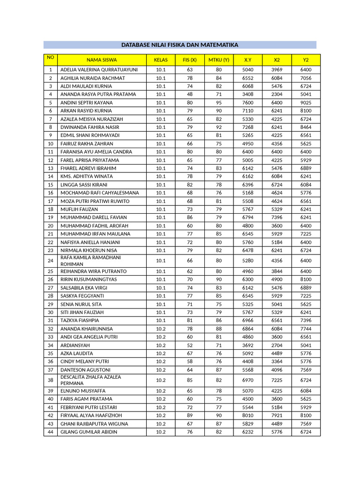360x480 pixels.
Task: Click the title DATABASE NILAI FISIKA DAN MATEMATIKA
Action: pos(180,45)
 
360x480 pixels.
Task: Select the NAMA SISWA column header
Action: pos(102,60)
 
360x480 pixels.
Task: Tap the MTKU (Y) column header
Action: pos(218,60)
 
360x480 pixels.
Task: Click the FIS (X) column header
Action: pos(190,60)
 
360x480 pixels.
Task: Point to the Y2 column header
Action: pos(306,60)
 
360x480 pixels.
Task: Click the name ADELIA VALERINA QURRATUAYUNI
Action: pos(99,70)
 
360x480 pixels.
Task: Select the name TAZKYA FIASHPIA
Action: pos(80,321)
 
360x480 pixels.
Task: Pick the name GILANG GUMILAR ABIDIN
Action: pos(89,432)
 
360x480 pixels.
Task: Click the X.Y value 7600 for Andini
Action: pos(247,103)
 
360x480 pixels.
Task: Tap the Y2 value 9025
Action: pos(306,103)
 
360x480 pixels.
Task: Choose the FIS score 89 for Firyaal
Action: pos(190,416)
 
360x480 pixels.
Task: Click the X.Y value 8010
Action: pos(247,416)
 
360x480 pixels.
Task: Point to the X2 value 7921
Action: pos(277,416)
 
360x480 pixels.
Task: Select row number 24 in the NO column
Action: pos(50,261)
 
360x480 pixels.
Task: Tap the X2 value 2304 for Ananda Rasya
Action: pos(277,94)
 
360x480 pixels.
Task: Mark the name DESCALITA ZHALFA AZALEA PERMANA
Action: pos(90,380)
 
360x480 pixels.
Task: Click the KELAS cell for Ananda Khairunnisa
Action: pos(161,329)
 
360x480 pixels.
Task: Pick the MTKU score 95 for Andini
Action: pos(218,103)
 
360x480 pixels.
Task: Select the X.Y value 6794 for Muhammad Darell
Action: pos(247,217)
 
